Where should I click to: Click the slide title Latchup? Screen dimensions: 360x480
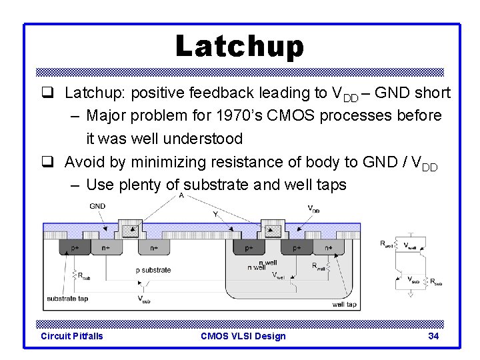click(x=239, y=47)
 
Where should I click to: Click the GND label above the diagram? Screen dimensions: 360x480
click(x=97, y=207)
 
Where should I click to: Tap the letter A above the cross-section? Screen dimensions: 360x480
click(x=181, y=195)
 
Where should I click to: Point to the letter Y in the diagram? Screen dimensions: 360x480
click(x=215, y=214)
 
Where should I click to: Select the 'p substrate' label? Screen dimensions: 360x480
click(x=153, y=270)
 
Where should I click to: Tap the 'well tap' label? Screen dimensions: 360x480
click(x=345, y=305)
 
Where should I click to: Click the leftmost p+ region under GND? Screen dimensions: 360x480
click(x=75, y=248)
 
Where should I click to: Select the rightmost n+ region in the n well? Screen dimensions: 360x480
click(x=328, y=248)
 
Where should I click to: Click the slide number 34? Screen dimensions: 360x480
click(x=433, y=336)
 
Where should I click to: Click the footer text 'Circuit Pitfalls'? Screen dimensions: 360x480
click(x=72, y=336)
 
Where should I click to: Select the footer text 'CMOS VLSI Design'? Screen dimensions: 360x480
click(x=243, y=336)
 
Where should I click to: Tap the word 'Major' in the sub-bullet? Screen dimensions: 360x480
click(x=107, y=115)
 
